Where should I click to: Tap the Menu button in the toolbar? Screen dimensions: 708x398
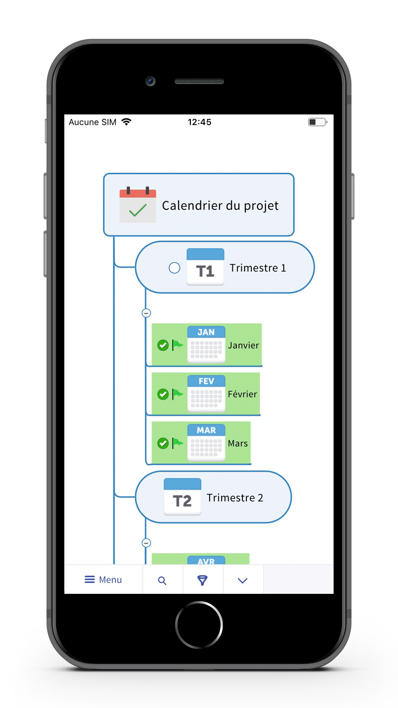coord(103,580)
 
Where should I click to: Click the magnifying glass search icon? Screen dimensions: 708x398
coord(162,581)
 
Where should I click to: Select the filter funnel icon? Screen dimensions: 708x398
coord(202,580)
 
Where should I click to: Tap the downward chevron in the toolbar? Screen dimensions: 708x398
coord(243,581)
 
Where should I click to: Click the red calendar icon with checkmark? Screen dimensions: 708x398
coord(138,205)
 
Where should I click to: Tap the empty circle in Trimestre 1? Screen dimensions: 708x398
coord(174,268)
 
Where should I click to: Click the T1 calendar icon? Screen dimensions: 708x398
coord(205,267)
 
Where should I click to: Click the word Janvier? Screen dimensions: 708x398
coord(243,345)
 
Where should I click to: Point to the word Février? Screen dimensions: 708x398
coord(242,394)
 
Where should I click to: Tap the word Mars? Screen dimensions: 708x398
coord(238,443)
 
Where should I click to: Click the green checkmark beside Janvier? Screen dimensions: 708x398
coord(163,345)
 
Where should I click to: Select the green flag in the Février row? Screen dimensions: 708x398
coord(178,394)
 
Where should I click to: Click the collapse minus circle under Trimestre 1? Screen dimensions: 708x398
coord(146,313)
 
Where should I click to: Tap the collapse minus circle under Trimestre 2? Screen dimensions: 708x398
coord(146,543)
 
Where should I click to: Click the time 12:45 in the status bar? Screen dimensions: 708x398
coord(199,122)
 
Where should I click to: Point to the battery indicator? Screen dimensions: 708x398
coord(317,122)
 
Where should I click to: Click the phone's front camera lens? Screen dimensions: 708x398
coord(150,81)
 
